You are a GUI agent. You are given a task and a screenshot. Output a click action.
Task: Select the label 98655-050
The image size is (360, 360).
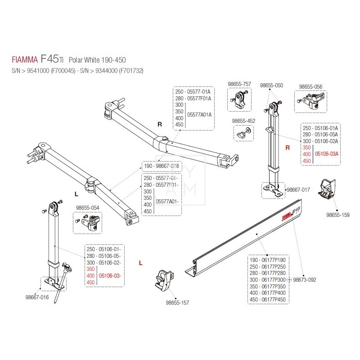271,85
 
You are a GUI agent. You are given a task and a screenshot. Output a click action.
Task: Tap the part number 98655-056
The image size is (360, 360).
310,86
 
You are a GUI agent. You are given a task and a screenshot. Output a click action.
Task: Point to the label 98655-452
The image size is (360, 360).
243,121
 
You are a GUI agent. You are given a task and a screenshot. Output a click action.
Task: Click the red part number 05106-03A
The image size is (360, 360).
327,154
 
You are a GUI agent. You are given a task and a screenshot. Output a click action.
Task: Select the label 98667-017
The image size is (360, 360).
298,190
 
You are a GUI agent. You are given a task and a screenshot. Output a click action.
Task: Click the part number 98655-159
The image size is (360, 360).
337,215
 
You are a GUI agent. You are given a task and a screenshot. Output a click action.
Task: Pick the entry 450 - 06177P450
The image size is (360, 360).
267,300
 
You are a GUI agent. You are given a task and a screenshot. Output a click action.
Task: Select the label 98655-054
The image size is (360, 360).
87,208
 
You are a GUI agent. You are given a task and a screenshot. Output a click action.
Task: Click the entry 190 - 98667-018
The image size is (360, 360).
161,166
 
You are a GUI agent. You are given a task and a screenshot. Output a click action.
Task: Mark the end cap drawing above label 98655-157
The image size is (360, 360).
163,282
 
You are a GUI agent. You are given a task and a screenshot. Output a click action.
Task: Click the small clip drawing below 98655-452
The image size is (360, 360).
243,133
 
